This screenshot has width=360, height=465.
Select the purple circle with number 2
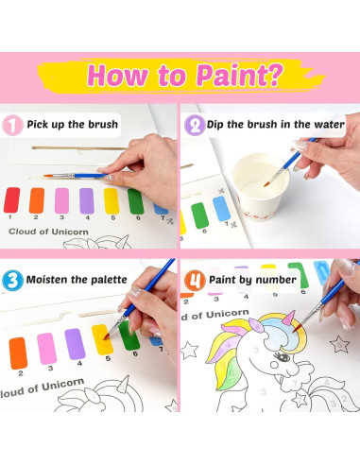click(x=196, y=123)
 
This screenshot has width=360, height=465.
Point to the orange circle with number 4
click(x=196, y=280)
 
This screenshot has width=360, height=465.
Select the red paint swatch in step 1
click(x=12, y=199)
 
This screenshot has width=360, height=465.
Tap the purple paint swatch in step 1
click(x=86, y=199)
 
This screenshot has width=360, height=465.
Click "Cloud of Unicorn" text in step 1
click(x=47, y=230)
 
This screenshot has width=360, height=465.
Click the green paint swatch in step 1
click(x=135, y=199)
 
